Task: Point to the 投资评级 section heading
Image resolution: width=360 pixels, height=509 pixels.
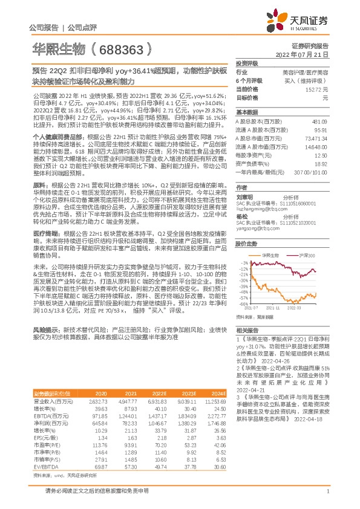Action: pos(247,63)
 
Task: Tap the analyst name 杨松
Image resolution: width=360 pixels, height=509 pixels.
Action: pos(242,216)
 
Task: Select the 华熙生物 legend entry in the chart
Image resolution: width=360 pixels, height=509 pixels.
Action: pos(269,256)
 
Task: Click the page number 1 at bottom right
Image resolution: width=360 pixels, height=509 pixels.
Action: pos(327,497)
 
